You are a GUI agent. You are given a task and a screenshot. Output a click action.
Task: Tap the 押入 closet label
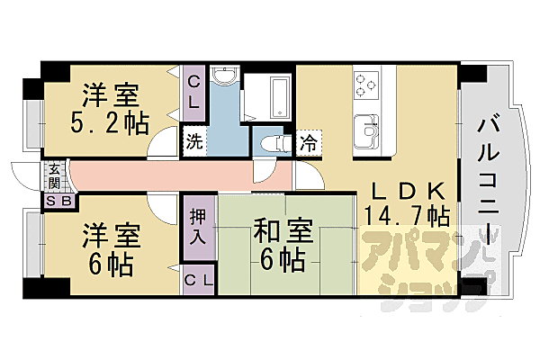click(x=199, y=227)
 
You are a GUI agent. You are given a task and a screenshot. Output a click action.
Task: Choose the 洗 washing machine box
click(x=194, y=141)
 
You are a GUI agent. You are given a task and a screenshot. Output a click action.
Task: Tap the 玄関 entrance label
click(x=55, y=175)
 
